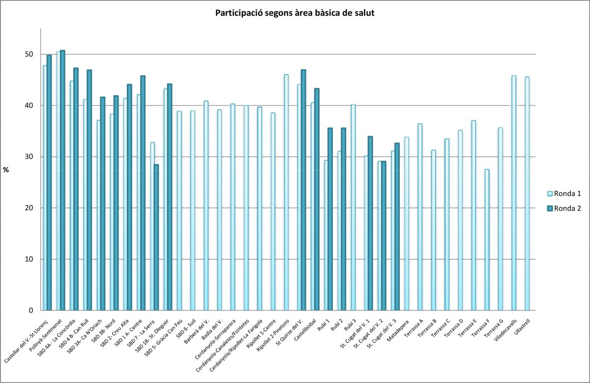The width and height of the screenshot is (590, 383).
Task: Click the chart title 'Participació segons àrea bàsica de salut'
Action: (x=295, y=13)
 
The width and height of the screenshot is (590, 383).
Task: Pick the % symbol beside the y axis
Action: (x=6, y=170)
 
